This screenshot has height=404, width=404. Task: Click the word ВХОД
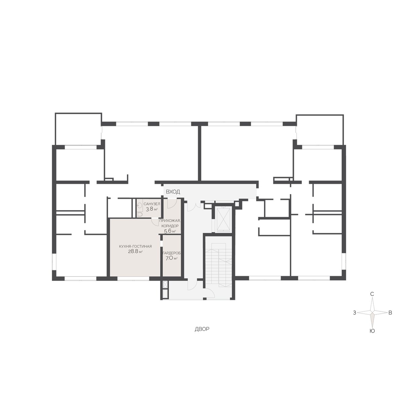click(173, 192)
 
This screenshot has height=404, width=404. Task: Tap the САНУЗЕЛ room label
click(152, 204)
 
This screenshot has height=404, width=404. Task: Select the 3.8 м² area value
click(152, 209)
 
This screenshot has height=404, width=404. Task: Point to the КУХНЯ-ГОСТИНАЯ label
click(135, 246)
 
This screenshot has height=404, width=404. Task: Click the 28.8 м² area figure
click(135, 251)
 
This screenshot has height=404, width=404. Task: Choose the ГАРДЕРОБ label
click(172, 253)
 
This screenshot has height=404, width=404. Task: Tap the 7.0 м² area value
click(172, 258)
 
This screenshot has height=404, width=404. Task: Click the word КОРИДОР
click(170, 226)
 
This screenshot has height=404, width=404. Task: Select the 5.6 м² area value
click(170, 231)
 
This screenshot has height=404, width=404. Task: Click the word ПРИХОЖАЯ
click(170, 221)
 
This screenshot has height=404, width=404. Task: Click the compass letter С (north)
click(372, 300)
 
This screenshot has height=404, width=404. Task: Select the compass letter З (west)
click(355, 319)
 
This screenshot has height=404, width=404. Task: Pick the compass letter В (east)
click(390, 319)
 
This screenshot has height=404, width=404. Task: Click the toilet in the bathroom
click(140, 214)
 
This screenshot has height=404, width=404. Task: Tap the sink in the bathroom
click(139, 205)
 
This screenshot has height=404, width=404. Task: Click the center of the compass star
click(372, 318)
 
